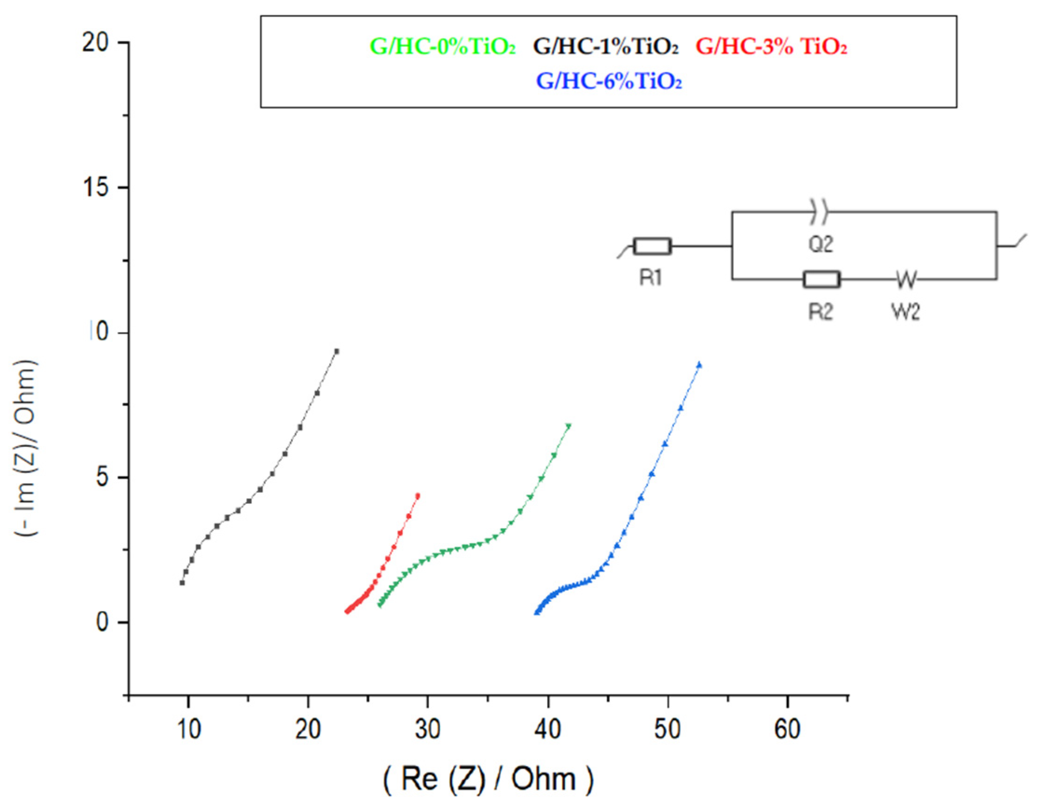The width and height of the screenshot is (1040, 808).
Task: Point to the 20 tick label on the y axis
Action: [95, 43]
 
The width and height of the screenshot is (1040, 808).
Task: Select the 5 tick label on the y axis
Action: [103, 478]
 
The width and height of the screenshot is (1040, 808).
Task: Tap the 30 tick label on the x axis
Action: [428, 729]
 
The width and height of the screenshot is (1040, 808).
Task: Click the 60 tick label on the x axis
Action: [787, 729]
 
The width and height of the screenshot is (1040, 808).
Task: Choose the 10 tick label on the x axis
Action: [189, 729]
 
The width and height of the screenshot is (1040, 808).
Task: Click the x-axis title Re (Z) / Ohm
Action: [489, 779]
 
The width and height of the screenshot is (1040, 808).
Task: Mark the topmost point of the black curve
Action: [337, 351]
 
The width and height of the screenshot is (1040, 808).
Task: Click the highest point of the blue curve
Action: [699, 365]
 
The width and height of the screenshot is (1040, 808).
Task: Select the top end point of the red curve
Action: [418, 496]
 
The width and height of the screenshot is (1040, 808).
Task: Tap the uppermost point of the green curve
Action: [568, 426]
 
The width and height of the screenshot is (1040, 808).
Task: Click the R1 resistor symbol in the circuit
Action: [652, 246]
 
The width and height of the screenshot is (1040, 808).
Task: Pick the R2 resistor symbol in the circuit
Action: [821, 279]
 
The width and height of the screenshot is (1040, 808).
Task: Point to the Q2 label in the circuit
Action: [821, 244]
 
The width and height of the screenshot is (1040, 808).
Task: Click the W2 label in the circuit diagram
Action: [905, 312]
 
